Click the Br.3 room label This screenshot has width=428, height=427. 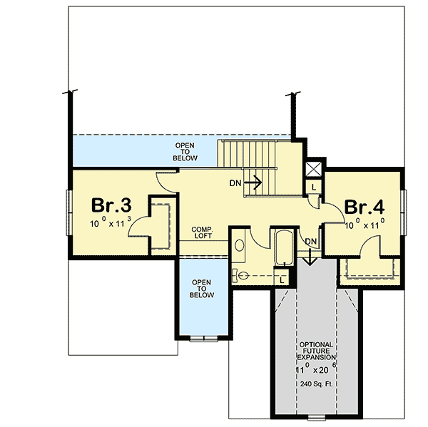pos(111,206)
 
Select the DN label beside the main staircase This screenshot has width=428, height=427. pos(235,183)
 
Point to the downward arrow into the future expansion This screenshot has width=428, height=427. pos(311,259)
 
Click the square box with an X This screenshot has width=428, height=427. pos(312,170)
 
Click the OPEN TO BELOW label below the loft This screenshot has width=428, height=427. pos(201,289)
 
